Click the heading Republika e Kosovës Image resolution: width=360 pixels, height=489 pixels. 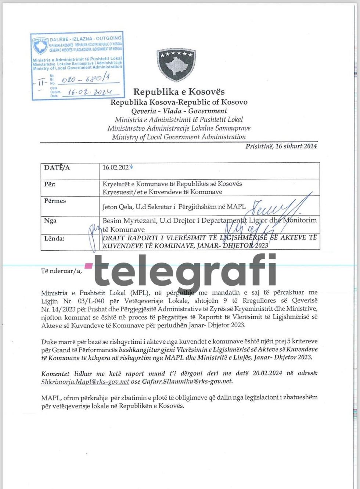179,92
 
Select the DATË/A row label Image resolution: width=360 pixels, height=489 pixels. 57,168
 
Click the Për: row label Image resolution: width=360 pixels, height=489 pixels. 50,184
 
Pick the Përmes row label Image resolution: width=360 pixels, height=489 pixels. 55,201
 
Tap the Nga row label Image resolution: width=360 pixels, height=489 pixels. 50,221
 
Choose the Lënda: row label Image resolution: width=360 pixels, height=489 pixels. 54,238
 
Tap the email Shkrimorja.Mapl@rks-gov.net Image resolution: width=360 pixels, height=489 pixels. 85,382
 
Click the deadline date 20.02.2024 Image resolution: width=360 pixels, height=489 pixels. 267,373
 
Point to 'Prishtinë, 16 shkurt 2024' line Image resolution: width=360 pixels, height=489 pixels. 281,146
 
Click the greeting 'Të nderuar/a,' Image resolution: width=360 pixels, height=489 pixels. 61,271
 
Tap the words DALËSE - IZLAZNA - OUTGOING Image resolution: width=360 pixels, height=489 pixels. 86,38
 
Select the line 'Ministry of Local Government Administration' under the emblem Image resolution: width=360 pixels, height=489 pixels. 179,137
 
